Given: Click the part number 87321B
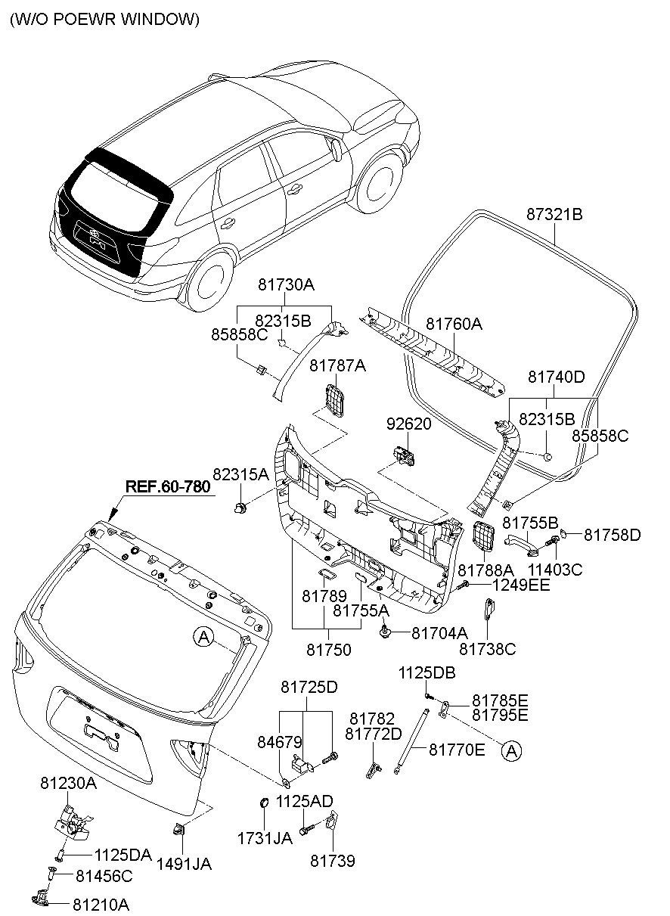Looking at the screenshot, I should click(554, 215).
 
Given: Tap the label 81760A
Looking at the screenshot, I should click(453, 324).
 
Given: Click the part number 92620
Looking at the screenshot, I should click(408, 424).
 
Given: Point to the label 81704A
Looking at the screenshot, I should click(439, 632).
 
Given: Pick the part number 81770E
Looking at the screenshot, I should click(457, 750).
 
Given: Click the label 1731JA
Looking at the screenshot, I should click(265, 838).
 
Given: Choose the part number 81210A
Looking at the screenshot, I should click(101, 904).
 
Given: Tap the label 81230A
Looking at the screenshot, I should click(68, 784).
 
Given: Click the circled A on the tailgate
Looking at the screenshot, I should click(202, 638).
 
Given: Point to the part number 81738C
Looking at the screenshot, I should click(487, 649).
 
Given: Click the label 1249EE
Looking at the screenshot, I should click(521, 585).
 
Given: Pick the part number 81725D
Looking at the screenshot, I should click(309, 688).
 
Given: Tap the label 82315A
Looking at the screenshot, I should click(240, 474).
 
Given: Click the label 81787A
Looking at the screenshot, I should click(337, 366).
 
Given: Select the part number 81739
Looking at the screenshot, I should click(333, 861).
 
